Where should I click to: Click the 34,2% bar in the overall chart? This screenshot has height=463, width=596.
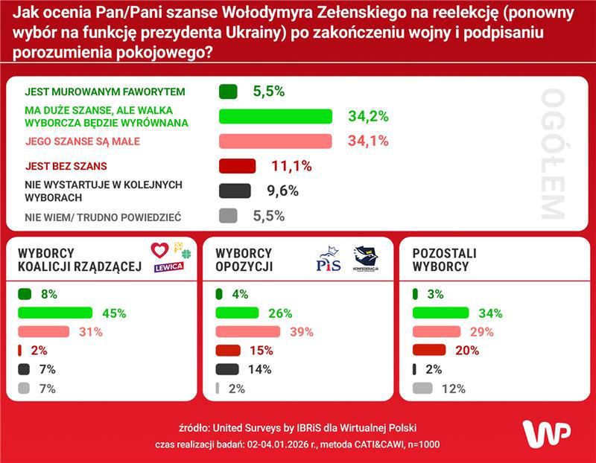click(x=275, y=116)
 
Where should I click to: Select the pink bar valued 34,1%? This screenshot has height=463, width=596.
click(x=275, y=141)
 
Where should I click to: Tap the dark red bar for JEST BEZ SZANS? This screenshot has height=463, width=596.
click(x=237, y=166)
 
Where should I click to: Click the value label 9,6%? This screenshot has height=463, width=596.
click(x=282, y=191)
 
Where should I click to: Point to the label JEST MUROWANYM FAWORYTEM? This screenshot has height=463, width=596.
click(x=104, y=92)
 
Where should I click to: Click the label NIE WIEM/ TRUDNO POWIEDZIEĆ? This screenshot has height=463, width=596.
click(x=104, y=217)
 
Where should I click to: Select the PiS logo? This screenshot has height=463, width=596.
click(x=329, y=261)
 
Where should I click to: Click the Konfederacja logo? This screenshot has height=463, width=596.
click(x=366, y=259)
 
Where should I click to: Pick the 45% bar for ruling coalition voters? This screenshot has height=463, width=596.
click(x=60, y=313)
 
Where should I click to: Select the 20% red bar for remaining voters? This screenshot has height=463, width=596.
click(x=429, y=351)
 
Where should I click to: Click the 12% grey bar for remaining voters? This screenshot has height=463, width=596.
click(x=422, y=388)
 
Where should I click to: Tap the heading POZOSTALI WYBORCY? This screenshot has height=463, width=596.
click(x=444, y=260)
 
